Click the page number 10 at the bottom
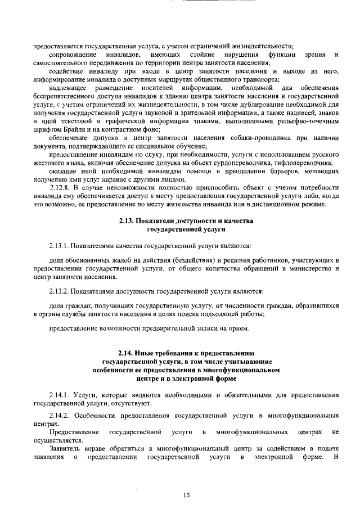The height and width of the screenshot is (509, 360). click(x=186, y=495)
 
